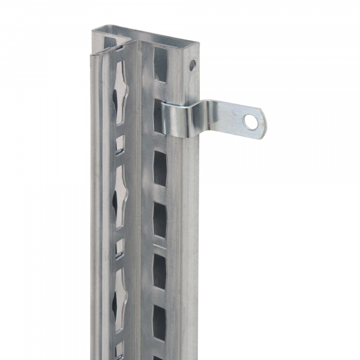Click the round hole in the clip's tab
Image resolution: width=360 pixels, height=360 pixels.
(251, 122)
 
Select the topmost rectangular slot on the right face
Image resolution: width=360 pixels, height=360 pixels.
(161, 61)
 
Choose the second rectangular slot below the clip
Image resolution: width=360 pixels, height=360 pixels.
(160, 218)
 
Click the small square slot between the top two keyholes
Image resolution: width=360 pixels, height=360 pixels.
(120, 144)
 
